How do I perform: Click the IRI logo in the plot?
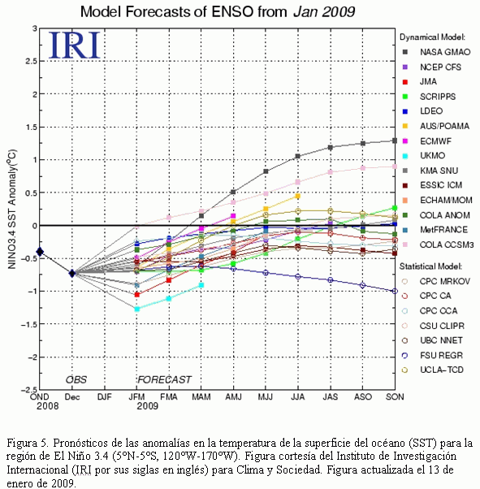(x=75, y=45)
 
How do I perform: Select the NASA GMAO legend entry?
(x=436, y=52)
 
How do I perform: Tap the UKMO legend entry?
(x=423, y=156)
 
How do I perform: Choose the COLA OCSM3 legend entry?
(x=438, y=244)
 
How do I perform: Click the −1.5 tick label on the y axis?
(x=29, y=324)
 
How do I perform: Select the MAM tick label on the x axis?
(x=201, y=397)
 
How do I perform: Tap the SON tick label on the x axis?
(x=395, y=397)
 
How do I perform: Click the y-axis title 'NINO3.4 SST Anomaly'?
(x=12, y=209)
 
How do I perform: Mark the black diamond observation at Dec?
(x=72, y=273)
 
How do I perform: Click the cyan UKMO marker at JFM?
(x=136, y=309)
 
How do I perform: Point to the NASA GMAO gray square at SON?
(x=395, y=141)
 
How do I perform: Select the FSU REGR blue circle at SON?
(x=395, y=291)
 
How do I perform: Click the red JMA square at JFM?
(x=136, y=294)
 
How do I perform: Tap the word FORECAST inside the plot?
(x=164, y=379)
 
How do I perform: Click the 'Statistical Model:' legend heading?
(x=430, y=266)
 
